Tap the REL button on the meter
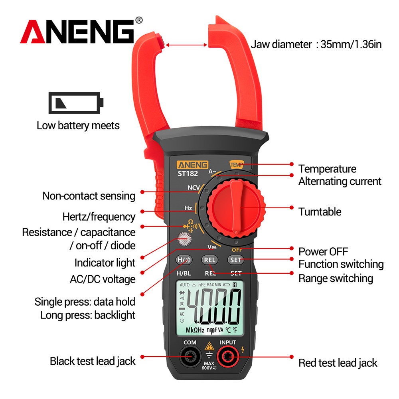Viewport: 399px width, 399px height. coord(210,260)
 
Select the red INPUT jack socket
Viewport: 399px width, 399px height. coord(227,356)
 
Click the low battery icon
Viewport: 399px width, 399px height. coord(76,103)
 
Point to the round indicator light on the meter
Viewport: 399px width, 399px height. coord(184,239)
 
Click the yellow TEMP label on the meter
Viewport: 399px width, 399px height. coord(237,165)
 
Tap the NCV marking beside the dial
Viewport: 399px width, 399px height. coord(194,188)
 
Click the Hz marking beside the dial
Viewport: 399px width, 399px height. coord(188,208)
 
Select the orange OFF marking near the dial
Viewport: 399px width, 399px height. coord(237,250)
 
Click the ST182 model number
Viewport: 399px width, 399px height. coord(188,174)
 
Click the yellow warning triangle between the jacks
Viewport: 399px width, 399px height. coord(209,346)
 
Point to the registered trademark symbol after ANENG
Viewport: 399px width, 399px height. coord(139,20)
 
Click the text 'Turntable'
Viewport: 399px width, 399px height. coord(320,212)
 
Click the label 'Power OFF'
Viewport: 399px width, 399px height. coord(323,251)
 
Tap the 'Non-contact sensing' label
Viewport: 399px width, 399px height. coord(89,196)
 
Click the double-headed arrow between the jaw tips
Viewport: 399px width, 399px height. coord(186,45)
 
